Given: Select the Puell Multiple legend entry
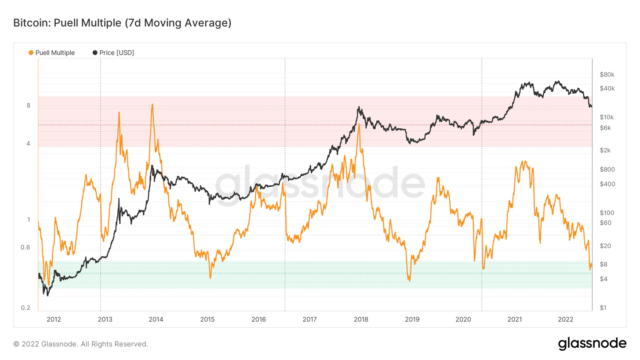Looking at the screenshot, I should tap(51, 53).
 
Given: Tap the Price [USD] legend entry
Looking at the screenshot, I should tap(113, 53).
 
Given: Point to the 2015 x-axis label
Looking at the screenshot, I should tap(207, 319).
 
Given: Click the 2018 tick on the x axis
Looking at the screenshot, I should tap(360, 319).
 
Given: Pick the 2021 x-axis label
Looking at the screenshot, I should tap(514, 319).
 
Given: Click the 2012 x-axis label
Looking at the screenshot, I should tap(53, 319).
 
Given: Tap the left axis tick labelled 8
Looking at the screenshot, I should tap(29, 105).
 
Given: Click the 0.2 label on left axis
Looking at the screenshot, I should tap(26, 308).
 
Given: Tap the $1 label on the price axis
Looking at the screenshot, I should tap(603, 308).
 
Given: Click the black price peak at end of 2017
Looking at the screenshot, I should tap(359, 107).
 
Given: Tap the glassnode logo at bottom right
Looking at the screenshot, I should tap(592, 343).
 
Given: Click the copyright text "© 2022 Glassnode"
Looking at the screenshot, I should tap(81, 344).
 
